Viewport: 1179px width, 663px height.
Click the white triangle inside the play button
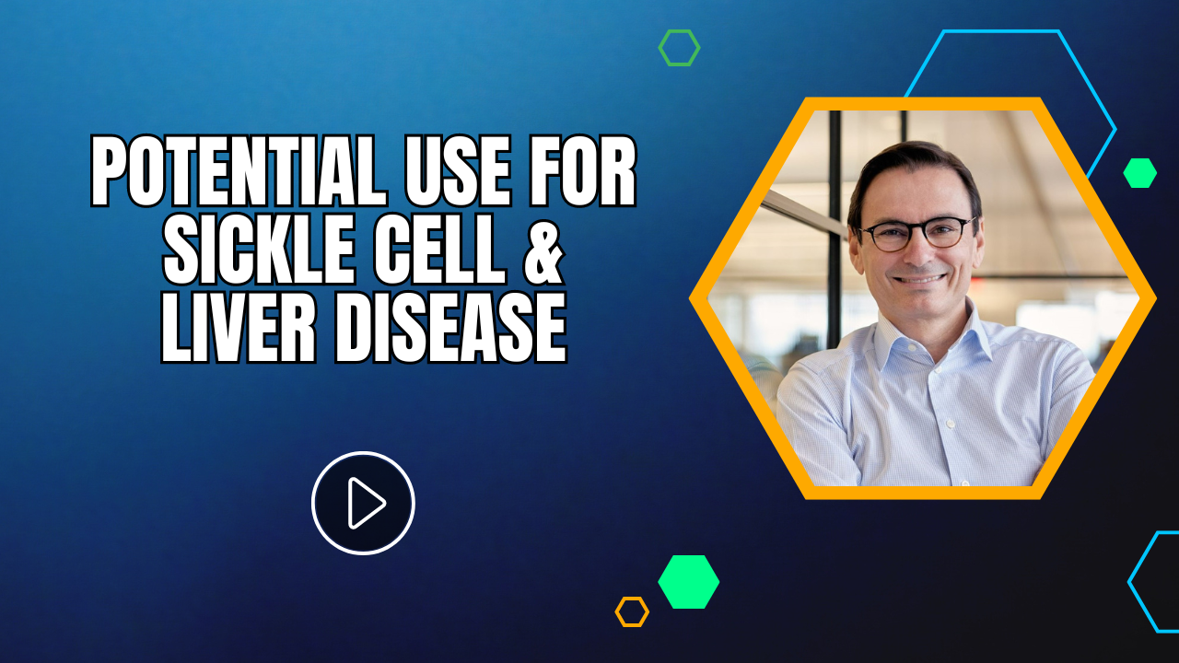pyautogui.click(x=366, y=503)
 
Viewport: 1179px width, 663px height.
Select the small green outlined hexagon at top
pyautogui.click(x=679, y=48)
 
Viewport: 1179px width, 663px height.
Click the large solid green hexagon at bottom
pyautogui.click(x=688, y=582)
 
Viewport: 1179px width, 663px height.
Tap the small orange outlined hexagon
pyautogui.click(x=632, y=611)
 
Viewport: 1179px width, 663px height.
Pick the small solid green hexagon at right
pyautogui.click(x=1139, y=173)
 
